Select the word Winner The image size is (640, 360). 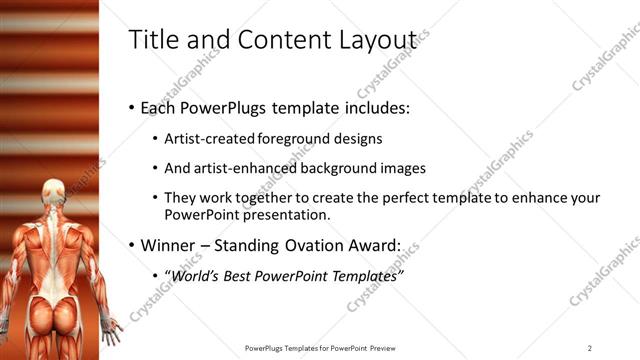(172, 244)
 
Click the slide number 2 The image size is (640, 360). (589, 348)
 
